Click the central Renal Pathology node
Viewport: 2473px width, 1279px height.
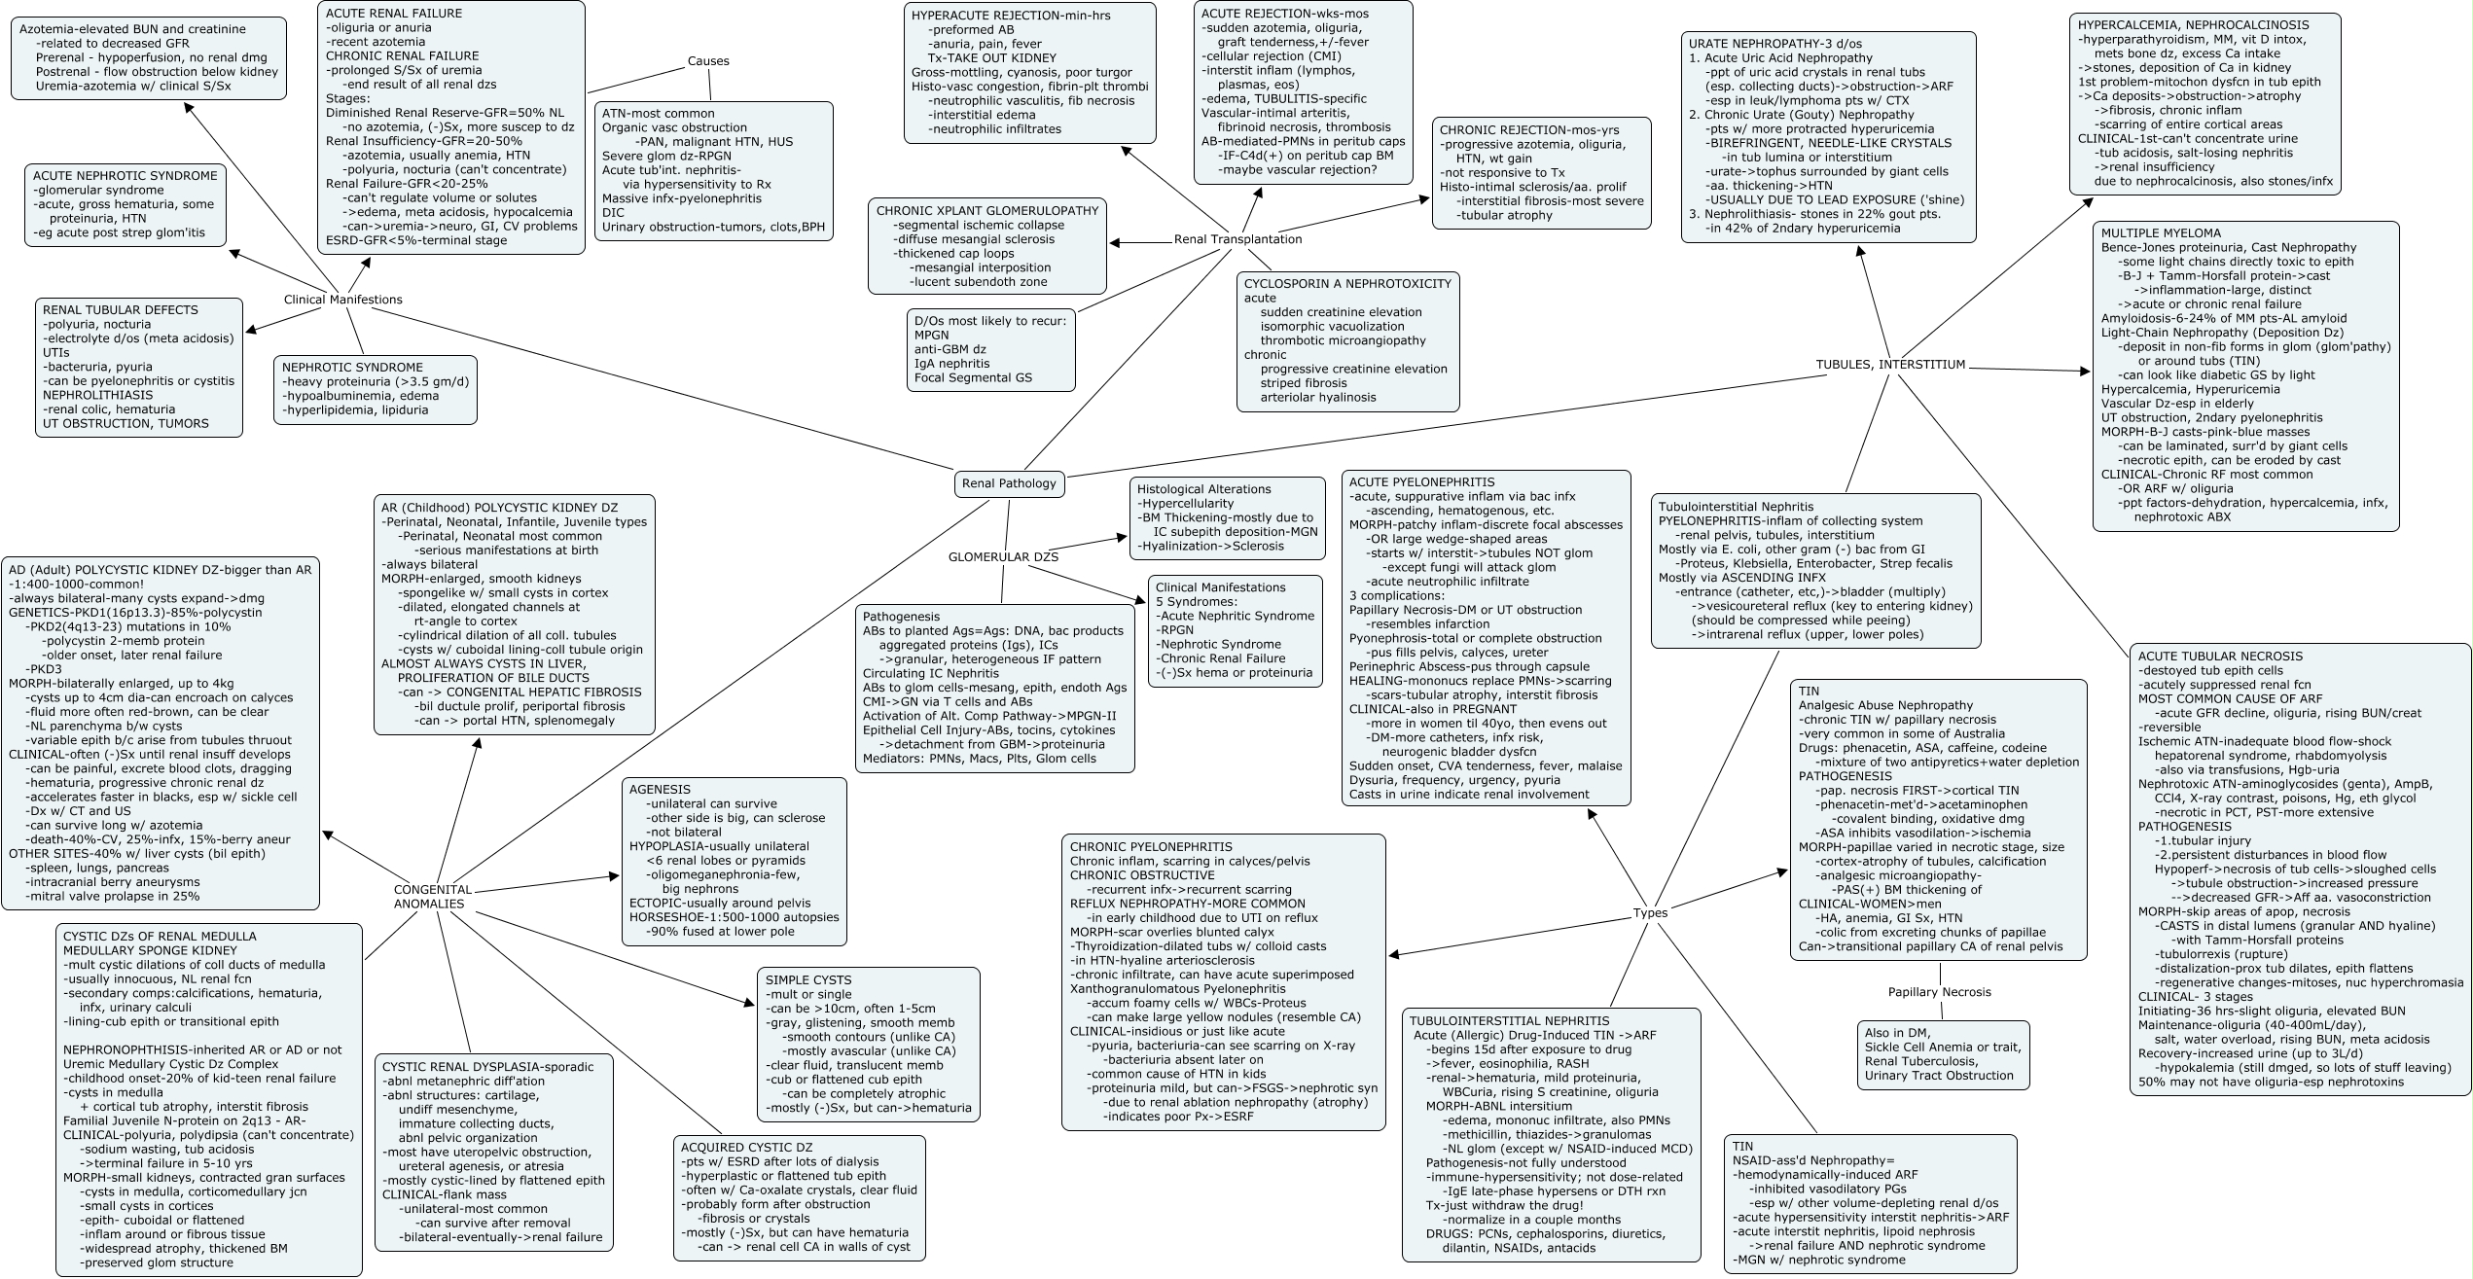[x=1008, y=483]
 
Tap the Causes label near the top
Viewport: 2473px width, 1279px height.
[x=707, y=60]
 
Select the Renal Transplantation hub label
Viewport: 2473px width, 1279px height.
[x=1237, y=239]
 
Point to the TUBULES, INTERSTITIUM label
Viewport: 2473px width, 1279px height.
[x=1890, y=365]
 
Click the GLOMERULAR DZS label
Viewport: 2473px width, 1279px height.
[x=1003, y=557]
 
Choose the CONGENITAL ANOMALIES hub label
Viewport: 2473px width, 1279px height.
[x=433, y=897]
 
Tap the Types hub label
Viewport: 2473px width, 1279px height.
[x=1650, y=913]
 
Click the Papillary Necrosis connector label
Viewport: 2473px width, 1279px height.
[x=1939, y=992]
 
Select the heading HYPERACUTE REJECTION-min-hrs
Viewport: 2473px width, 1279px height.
[x=1010, y=16]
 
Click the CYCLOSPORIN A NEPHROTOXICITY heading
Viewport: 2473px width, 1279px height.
[x=1347, y=284]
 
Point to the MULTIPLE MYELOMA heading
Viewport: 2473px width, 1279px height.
[x=2161, y=233]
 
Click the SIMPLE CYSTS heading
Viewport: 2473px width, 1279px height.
[x=807, y=980]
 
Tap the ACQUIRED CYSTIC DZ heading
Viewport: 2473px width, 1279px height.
[x=746, y=1148]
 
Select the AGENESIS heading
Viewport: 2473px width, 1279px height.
[x=660, y=790]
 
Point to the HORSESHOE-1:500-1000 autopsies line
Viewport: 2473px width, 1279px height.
[x=734, y=917]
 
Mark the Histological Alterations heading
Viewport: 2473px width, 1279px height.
[x=1203, y=489]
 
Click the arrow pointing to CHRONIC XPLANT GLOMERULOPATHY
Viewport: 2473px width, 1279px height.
[x=1116, y=242]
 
